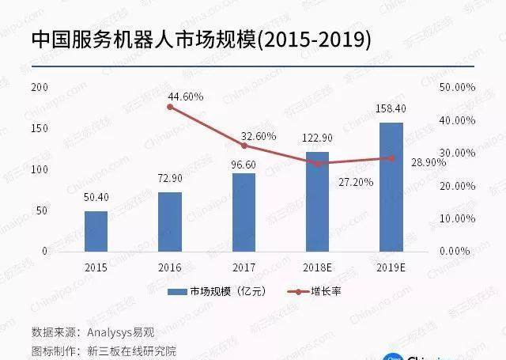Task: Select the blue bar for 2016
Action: [170, 222]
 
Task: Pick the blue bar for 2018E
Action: [317, 201]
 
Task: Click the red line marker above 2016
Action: [170, 106]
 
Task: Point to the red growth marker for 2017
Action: [244, 146]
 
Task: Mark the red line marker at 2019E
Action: [391, 158]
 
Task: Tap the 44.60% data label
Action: [186, 97]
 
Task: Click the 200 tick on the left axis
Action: [40, 86]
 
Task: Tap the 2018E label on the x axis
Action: [317, 268]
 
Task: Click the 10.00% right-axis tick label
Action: [455, 218]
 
